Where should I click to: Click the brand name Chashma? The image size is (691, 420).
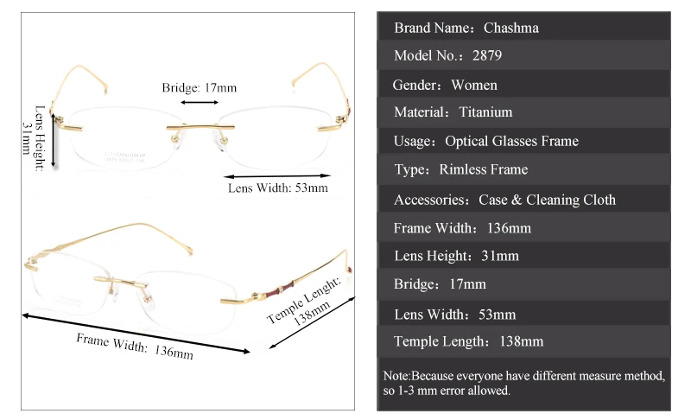[510, 28]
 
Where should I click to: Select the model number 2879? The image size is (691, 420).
[487, 56]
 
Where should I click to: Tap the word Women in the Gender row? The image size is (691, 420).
[474, 85]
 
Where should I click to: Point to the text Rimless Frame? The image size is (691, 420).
[483, 169]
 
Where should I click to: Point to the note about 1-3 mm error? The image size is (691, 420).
[523, 384]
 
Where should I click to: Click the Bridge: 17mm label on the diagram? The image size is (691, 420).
[199, 88]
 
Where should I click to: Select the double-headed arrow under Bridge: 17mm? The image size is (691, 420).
[199, 103]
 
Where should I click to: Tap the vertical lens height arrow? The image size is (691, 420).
[54, 138]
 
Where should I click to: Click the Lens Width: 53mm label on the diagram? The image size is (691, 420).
[277, 187]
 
